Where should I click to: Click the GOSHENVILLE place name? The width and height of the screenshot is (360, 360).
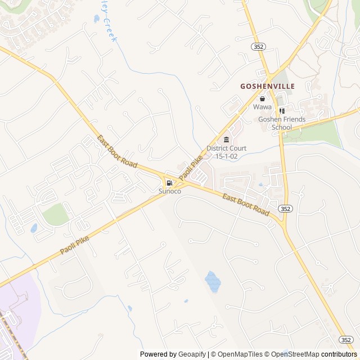coord(267,87)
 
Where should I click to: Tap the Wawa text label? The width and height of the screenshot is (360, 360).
coord(262,107)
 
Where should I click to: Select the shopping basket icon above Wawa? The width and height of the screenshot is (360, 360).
coord(262,98)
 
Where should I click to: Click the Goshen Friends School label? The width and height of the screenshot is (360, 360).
coord(282,123)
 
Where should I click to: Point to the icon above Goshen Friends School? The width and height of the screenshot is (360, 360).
coord(282,111)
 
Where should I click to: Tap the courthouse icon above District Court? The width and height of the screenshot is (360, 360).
coord(226,139)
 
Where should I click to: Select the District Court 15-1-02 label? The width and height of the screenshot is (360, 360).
coord(226,152)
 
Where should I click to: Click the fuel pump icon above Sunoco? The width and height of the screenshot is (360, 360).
coord(169,182)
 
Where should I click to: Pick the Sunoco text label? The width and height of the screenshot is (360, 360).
coord(169,191)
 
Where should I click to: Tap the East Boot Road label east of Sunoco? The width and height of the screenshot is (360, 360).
coord(245,204)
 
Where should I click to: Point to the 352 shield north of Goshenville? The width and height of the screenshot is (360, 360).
coord(259,47)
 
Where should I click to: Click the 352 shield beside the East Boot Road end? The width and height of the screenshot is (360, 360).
coord(285,208)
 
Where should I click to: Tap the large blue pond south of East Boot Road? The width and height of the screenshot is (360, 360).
coord(213,281)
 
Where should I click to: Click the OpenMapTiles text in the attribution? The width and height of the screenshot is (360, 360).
coord(236,354)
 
